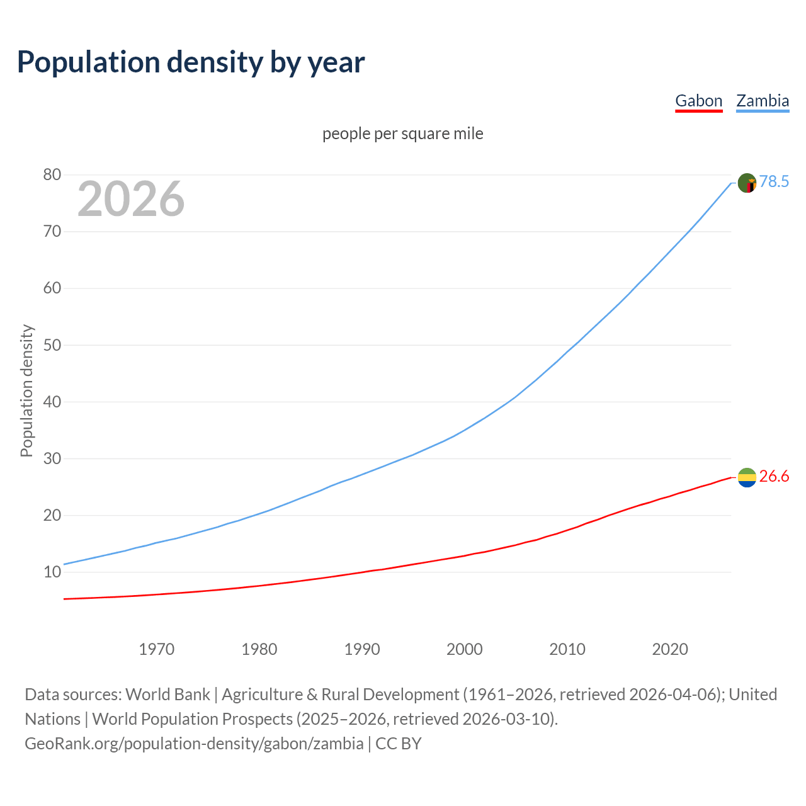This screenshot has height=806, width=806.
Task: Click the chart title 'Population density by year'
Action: pos(191,62)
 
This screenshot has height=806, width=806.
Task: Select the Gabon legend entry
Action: pos(698,101)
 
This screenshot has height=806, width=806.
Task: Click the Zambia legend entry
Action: pos(763,101)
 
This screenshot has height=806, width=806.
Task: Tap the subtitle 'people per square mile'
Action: pos(402,134)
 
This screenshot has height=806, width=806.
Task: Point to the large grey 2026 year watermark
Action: pos(131,199)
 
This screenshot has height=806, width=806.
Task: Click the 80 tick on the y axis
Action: pos(52,175)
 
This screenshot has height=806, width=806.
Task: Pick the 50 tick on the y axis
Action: pos(52,345)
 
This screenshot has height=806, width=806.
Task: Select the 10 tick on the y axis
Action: pos(52,572)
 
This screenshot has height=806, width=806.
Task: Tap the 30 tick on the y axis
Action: pos(52,459)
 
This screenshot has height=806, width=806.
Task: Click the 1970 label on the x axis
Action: pos(156,649)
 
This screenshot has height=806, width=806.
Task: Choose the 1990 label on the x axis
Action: pos(362,649)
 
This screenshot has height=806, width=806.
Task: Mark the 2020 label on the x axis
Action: pos(670,649)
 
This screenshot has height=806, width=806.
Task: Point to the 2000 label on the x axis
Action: pos(465,649)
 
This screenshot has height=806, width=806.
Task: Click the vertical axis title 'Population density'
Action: pos(26,390)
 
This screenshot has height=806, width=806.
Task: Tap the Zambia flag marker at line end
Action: pos(747,183)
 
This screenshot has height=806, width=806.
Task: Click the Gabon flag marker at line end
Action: pos(747,477)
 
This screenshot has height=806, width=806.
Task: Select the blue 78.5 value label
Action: pos(774,182)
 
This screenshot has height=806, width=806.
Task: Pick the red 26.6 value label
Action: pos(774,477)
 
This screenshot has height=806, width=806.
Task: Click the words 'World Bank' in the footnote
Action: pos(167,695)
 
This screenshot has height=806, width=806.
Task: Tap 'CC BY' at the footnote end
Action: pos(399,744)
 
